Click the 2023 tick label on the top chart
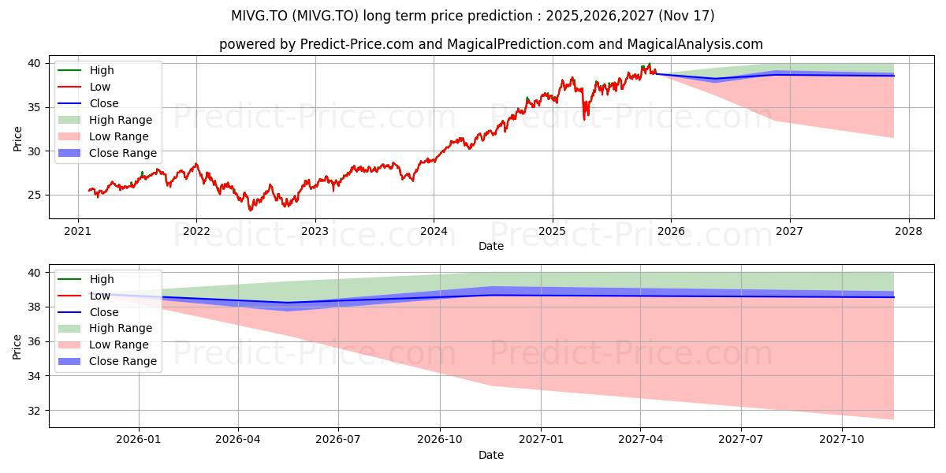coord(315,232)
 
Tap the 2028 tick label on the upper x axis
coord(909,232)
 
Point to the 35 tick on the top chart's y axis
coord(34,108)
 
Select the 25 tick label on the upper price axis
coord(34,196)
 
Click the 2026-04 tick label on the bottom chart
coord(238,440)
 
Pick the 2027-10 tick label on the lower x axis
coord(842,440)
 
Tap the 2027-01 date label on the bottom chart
coord(541,440)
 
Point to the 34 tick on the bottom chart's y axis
coord(34,376)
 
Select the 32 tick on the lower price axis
coord(34,411)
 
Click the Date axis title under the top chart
coord(490,246)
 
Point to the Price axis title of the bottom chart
coord(17,347)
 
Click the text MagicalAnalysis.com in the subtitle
coord(695,44)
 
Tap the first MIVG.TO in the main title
coord(259,16)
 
